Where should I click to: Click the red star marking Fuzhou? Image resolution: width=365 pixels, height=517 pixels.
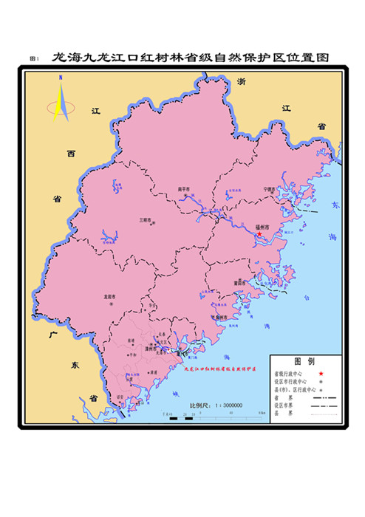coord(259,234)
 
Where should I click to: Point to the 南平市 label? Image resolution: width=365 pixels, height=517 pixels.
coord(184,190)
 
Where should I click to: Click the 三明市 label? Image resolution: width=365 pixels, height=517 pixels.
coord(145,219)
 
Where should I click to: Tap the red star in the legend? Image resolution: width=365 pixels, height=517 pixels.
coord(322,374)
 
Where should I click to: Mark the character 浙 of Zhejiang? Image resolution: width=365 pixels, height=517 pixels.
coord(241,83)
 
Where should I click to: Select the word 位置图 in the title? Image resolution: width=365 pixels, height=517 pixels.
coord(310,57)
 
